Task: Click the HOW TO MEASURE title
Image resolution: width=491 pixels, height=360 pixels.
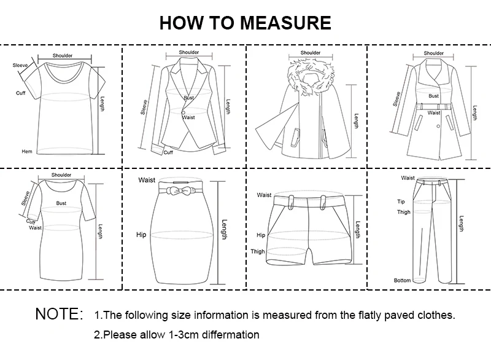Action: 245,23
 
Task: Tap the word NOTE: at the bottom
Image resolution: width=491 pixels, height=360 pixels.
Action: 59,314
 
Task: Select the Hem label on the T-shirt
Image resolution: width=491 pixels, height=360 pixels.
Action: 26,151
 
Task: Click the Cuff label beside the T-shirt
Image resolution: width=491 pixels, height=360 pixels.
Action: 20,93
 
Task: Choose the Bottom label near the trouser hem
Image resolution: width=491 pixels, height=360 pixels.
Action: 402,280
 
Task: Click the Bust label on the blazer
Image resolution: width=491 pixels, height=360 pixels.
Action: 188,98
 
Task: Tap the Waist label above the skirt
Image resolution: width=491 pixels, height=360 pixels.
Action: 147,180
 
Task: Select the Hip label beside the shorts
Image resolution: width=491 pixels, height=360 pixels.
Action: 261,235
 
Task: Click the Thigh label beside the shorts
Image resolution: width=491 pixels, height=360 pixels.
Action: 258,251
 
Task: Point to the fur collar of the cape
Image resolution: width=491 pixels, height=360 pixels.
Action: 310,69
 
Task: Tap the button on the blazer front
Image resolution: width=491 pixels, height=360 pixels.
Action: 182,112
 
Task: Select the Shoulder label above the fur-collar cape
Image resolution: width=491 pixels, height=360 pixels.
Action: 311,53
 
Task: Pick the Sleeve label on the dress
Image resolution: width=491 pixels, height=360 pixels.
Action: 26,198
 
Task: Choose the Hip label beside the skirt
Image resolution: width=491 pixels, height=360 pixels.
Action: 141,235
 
